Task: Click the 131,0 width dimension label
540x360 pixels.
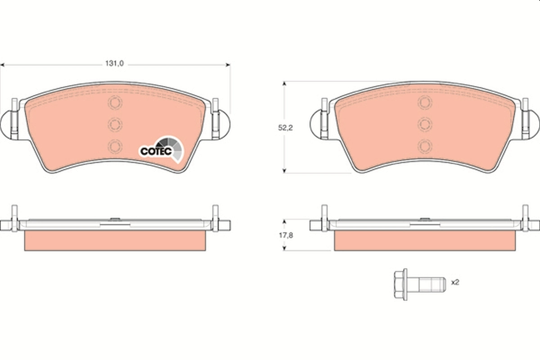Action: coord(114,64)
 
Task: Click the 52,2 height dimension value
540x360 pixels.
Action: coord(285,128)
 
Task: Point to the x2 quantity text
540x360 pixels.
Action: coord(454,283)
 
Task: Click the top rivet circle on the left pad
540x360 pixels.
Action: coord(115,103)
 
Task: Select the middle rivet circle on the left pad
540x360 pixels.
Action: coord(115,124)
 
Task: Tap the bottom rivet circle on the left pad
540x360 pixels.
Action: coord(115,146)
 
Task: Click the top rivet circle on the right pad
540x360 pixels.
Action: coord(424,103)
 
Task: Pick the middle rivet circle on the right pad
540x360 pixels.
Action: coord(424,124)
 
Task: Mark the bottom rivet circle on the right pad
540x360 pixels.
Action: coord(424,146)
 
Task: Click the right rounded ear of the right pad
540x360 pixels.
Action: coord(534,124)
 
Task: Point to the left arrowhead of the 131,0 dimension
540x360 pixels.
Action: coord(2,65)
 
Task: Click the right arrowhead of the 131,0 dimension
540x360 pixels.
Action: coord(228,65)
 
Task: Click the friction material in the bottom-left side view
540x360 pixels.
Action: coord(115,241)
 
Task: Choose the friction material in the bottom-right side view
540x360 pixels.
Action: coord(424,241)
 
